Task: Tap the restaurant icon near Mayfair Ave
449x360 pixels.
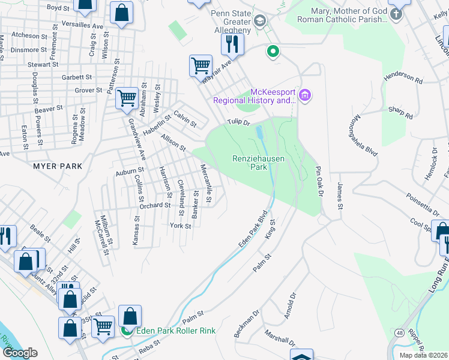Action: click(231, 44)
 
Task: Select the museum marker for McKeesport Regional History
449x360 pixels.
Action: click(305, 95)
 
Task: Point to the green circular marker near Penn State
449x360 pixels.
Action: click(273, 52)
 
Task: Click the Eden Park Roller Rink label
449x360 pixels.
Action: click(175, 331)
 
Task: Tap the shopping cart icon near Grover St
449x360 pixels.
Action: click(127, 97)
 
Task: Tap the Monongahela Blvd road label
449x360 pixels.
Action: click(366, 136)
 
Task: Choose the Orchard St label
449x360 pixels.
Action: click(155, 205)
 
